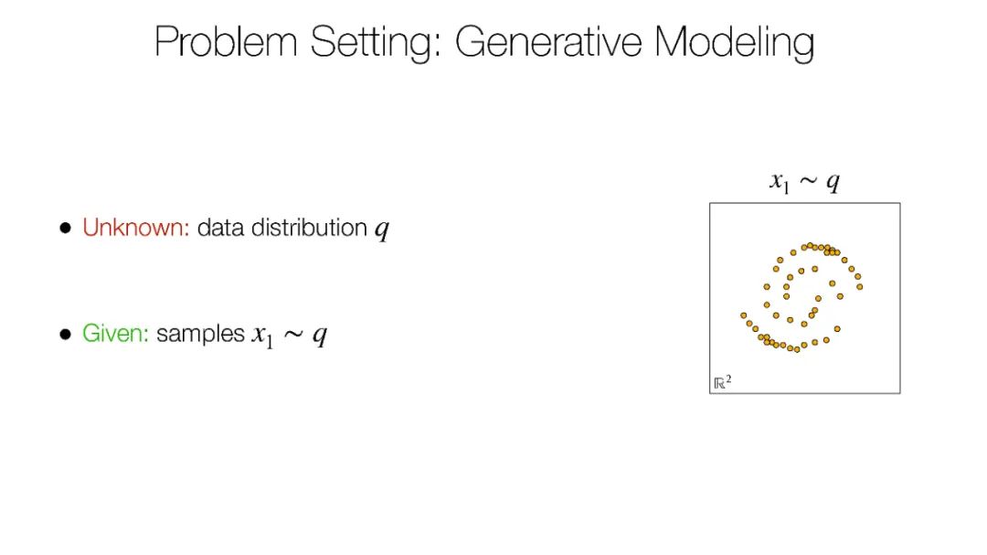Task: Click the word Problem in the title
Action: (x=226, y=41)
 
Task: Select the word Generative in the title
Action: (x=547, y=42)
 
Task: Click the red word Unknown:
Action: (x=136, y=228)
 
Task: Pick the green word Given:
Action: (x=115, y=333)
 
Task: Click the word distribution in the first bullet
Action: (x=309, y=228)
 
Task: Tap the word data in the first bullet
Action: (x=220, y=228)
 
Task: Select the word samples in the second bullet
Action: (x=200, y=335)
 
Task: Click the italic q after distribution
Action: (x=382, y=229)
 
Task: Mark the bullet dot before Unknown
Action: (x=66, y=228)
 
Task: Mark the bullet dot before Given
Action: (x=66, y=334)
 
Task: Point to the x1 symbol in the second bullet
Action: (x=262, y=336)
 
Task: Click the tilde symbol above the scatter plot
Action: (x=808, y=182)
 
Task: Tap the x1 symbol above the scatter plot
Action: (x=780, y=183)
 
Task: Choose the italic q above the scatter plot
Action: (x=833, y=183)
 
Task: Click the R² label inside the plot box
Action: (x=722, y=382)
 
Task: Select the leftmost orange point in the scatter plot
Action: (x=743, y=315)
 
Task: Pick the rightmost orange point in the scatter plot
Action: (x=860, y=286)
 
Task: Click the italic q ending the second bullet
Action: (x=320, y=336)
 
